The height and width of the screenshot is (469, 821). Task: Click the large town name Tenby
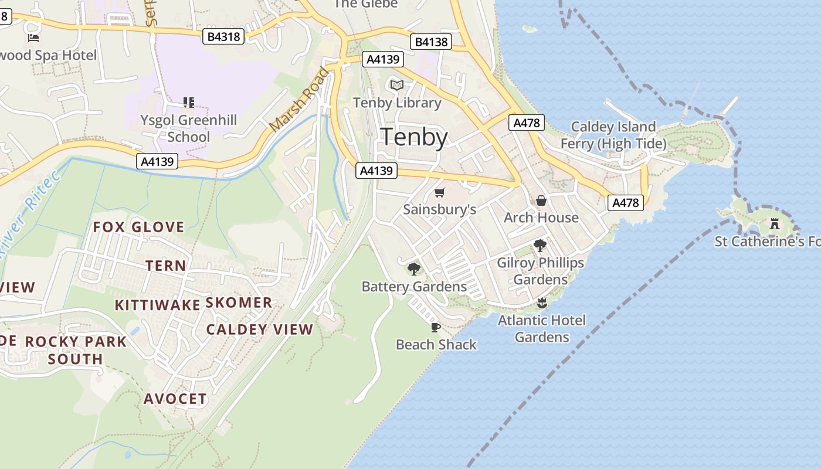(415, 137)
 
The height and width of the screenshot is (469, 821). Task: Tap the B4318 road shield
(223, 36)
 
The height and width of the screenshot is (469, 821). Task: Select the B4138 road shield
(431, 42)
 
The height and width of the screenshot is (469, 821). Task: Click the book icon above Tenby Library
(397, 86)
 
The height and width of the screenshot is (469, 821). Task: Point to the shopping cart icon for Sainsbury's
(440, 192)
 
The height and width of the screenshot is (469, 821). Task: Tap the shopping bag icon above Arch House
(541, 200)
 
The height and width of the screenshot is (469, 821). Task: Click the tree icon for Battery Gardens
(414, 269)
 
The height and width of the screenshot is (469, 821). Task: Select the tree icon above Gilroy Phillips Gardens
(540, 246)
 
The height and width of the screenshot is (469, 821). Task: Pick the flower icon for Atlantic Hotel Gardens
(541, 303)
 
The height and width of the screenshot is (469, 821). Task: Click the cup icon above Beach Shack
(435, 327)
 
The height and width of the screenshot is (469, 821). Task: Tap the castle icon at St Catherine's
(775, 223)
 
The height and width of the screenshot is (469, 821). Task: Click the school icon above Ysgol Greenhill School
(188, 103)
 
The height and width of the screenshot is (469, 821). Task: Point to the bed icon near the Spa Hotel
(33, 38)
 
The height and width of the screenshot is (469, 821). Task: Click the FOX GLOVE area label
(139, 227)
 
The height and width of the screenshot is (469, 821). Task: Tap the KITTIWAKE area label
(157, 305)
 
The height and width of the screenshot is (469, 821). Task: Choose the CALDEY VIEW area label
(259, 329)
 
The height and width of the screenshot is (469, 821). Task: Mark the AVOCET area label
(175, 399)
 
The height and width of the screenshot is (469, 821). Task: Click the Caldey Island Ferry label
(613, 135)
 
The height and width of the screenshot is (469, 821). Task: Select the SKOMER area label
(239, 303)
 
